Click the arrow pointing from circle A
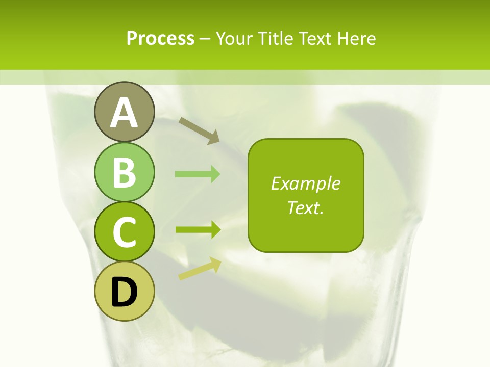pos(199,130)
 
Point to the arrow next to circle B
pos(198,174)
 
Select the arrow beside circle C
pos(198,230)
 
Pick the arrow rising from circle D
pos(200,269)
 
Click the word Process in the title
pos(160,39)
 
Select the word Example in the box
pos(305,183)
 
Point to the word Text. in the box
pos(305,207)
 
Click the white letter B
pos(124,172)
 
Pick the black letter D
pos(124,293)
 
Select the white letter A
pos(124,113)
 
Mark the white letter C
pos(124,232)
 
